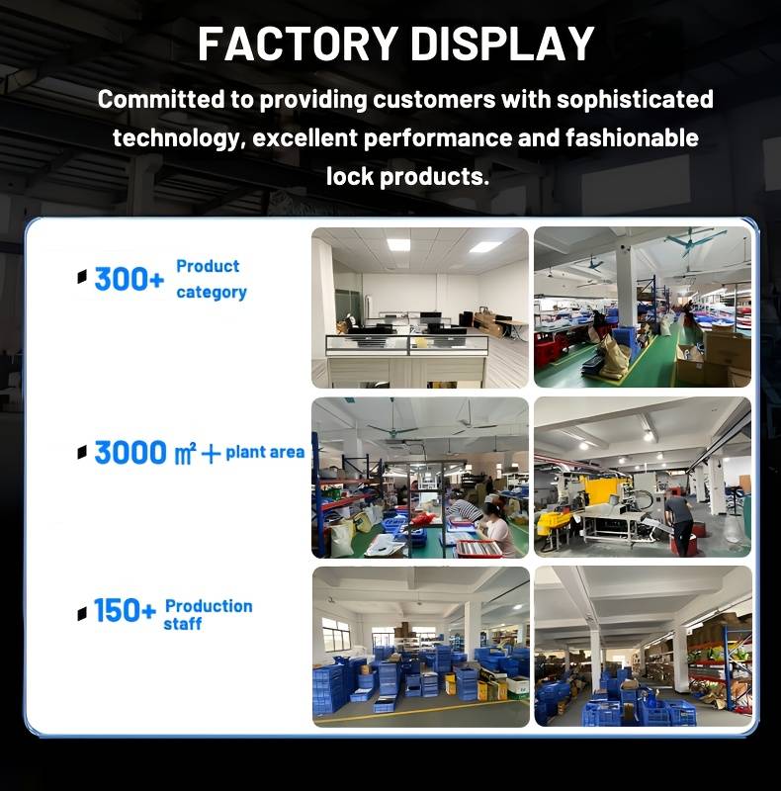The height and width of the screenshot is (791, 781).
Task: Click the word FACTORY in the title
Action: [298, 44]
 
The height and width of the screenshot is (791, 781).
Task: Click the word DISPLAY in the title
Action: [502, 44]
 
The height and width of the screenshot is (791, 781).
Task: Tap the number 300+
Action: [130, 279]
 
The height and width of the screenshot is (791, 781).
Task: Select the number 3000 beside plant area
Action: [130, 453]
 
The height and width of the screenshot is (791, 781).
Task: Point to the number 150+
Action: [125, 610]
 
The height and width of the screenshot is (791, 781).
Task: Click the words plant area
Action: [265, 452]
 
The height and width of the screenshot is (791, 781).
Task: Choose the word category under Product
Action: [212, 293]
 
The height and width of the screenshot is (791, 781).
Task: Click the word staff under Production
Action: [183, 624]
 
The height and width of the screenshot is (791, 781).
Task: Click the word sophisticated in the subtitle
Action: [635, 100]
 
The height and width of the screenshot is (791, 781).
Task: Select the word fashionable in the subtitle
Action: [632, 137]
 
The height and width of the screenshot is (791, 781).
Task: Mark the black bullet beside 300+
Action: [82, 277]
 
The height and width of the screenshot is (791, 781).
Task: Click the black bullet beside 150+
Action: [82, 613]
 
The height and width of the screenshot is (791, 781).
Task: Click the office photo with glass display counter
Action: [420, 308]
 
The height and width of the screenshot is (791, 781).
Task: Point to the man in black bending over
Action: [679, 523]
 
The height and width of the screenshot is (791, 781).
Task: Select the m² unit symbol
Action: [185, 454]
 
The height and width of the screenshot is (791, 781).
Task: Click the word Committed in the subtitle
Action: [161, 100]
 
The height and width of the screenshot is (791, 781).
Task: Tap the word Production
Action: [209, 606]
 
